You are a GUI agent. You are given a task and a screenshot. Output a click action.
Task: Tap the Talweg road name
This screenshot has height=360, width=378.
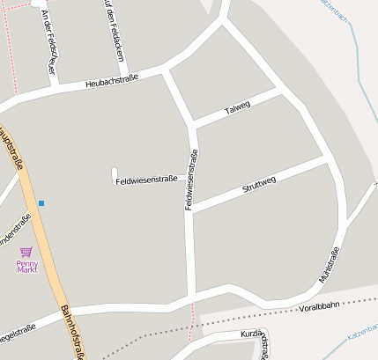click(x=238, y=109)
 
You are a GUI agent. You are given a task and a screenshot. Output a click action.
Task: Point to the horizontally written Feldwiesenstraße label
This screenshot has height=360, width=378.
click(x=146, y=179)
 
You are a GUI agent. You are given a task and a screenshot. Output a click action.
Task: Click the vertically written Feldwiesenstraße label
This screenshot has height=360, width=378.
click(x=190, y=180)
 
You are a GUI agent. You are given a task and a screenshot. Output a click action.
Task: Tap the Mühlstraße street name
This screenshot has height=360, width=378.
click(x=329, y=267)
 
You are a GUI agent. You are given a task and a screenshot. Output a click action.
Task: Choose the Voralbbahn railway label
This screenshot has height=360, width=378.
click(x=319, y=308)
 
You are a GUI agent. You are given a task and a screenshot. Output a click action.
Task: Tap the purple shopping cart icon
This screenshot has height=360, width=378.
click(x=26, y=251)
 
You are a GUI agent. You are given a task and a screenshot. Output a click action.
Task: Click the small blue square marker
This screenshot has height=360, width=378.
click(x=41, y=203)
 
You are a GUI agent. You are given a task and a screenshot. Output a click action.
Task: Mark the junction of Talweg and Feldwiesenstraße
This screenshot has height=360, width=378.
click(x=193, y=123)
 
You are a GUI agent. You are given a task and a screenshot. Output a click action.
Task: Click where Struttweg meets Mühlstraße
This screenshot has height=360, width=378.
click(x=328, y=160)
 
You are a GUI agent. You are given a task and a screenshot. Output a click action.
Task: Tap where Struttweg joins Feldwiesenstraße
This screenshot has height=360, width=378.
click(x=190, y=211)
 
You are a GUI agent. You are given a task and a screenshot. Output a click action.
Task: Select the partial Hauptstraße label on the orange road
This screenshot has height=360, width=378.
click(x=11, y=145)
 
